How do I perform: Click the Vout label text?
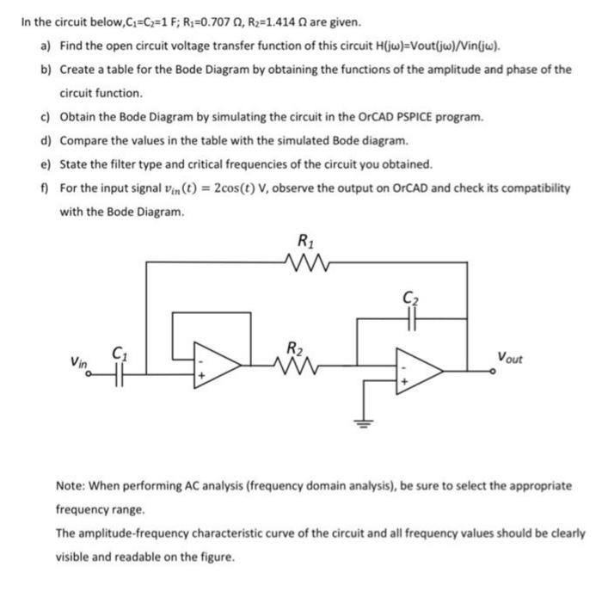513,355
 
